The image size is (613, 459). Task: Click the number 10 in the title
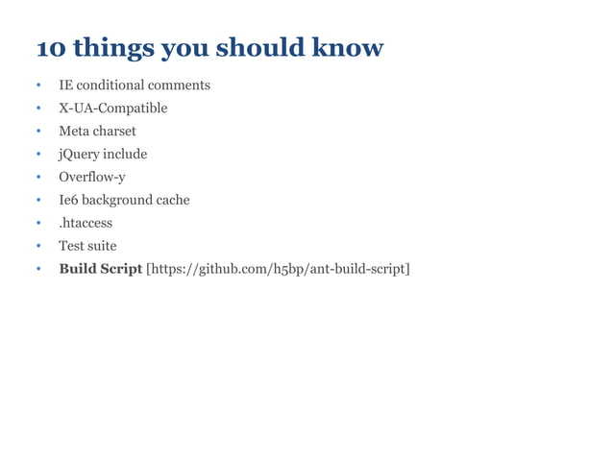coord(49,47)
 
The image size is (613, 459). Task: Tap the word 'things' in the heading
coord(110,47)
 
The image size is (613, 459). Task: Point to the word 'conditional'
coord(113,85)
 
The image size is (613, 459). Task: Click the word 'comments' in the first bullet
coord(181,85)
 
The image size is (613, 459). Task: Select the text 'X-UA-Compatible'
coord(112,109)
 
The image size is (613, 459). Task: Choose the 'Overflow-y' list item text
coord(92,177)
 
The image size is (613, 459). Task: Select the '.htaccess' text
coord(86,223)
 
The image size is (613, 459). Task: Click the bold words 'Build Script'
coord(100,269)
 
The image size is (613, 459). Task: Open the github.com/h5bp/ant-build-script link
coord(278,269)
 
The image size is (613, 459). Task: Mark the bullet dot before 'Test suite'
coord(38,247)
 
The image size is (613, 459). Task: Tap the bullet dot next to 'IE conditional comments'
coord(38,86)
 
